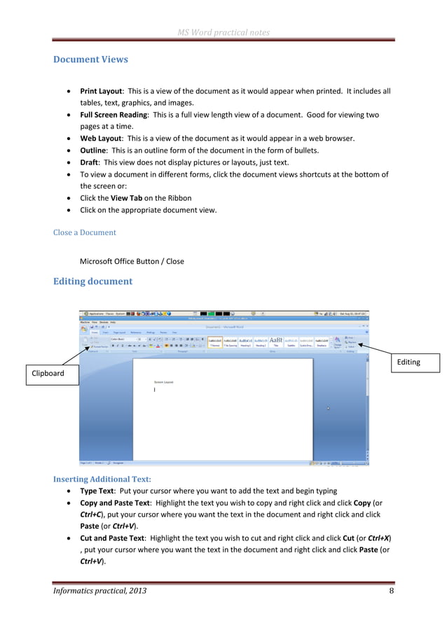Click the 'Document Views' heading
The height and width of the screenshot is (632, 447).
point(90,59)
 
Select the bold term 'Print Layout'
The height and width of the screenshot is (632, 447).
point(101,91)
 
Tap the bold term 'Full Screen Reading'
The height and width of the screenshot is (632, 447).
point(114,115)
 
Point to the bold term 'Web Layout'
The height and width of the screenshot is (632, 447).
point(100,139)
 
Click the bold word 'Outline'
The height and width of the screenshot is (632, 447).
point(93,150)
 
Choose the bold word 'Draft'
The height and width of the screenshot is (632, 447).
point(88,162)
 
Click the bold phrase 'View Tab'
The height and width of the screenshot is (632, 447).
point(126,198)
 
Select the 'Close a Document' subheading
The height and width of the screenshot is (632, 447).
point(84,232)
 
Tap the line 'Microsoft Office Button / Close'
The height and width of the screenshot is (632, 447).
point(132,261)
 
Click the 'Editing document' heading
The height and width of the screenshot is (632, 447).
point(92,281)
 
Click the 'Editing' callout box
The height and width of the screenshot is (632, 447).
point(408,362)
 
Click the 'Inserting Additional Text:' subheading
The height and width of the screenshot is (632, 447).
point(102,479)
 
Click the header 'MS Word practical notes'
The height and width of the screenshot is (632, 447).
point(224,32)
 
